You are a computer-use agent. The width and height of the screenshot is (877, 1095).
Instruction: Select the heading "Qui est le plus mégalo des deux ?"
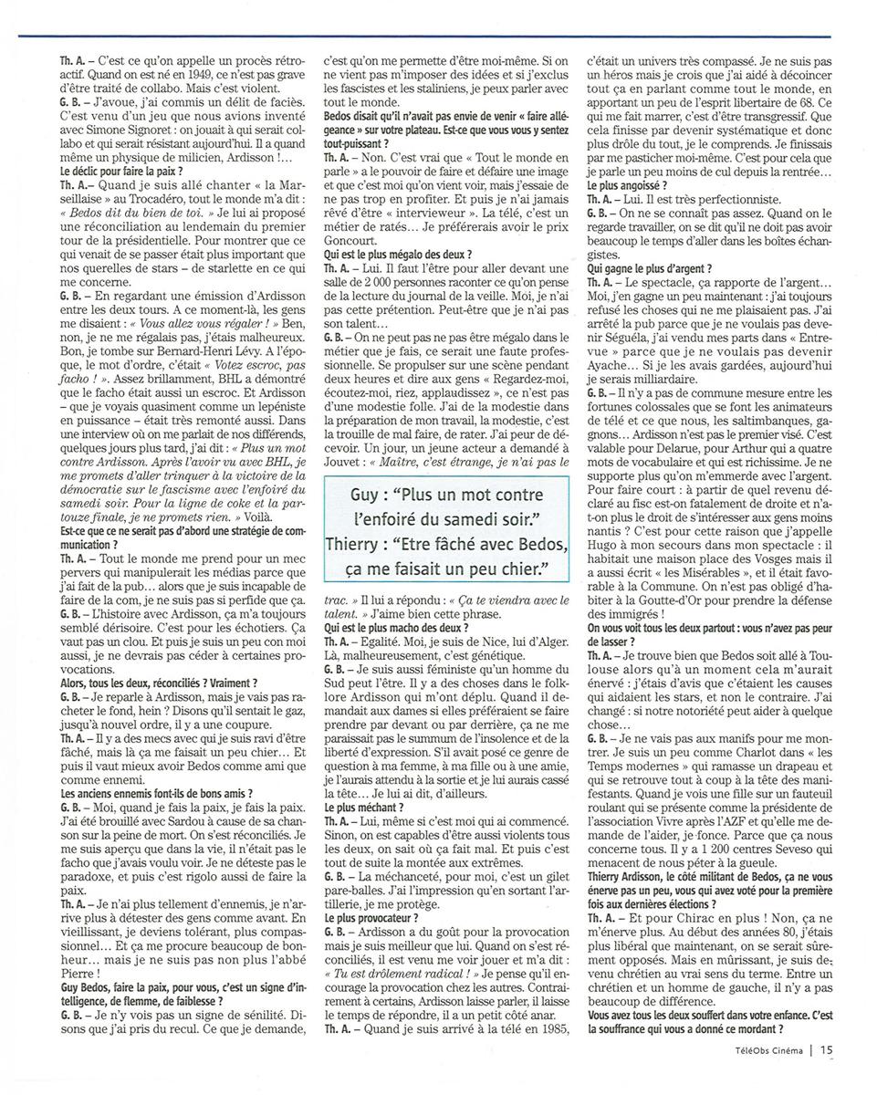[398, 254]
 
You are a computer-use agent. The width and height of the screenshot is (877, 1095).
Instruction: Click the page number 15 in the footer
[827, 1049]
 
